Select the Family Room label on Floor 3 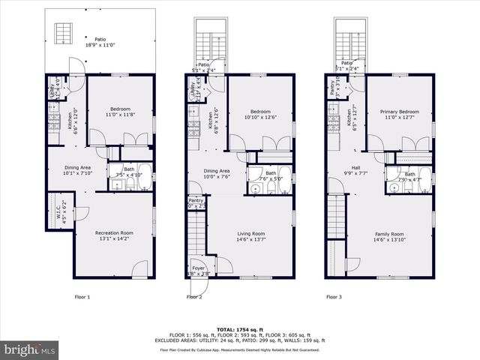389,237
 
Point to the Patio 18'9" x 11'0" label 100,42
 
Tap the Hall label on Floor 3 357,170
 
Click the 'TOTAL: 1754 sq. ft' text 240,328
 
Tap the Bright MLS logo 30,349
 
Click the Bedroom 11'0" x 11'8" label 111,112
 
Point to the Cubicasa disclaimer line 240,349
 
